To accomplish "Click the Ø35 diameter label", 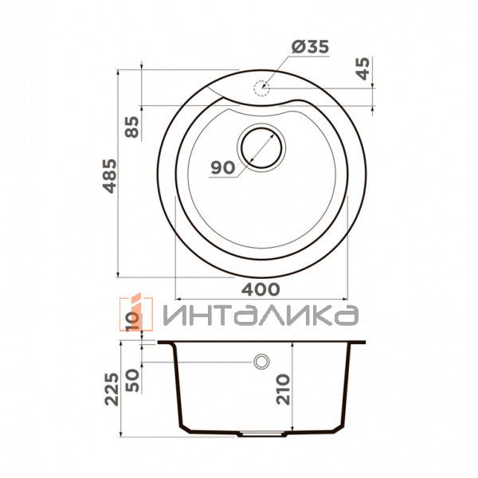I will tap(310, 48).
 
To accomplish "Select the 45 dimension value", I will tap(363, 70).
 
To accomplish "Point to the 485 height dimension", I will tap(109, 177).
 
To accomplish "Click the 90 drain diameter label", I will tap(222, 167).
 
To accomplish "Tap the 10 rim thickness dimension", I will tap(132, 321).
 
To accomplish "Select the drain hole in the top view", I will tap(261, 147).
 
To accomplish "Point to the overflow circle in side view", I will tap(261, 362).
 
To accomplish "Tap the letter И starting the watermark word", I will tap(176, 315).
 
